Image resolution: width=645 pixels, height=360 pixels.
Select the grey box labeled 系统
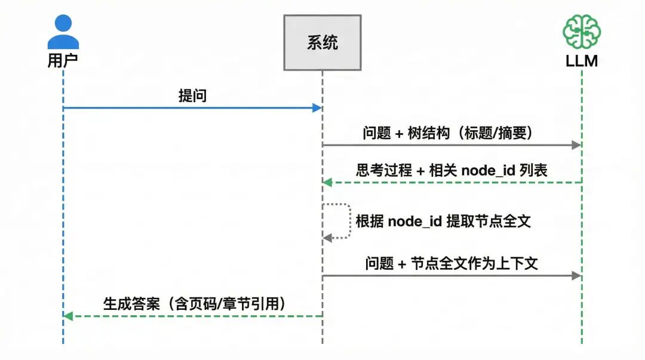322,42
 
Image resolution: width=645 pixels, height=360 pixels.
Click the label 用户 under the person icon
63,60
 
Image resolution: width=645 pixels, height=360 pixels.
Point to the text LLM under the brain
582,61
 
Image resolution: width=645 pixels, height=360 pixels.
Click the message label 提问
192,96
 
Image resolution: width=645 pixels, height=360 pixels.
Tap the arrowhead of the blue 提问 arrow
317,108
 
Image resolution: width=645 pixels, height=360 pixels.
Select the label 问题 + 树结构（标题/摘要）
447,133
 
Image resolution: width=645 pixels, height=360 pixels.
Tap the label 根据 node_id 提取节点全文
443,221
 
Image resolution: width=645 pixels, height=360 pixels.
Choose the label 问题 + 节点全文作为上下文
451,263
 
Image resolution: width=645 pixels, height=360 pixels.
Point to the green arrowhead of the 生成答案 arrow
68,316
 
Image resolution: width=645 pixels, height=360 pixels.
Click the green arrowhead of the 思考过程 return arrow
327,182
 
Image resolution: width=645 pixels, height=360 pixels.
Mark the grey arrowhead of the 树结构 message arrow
576,145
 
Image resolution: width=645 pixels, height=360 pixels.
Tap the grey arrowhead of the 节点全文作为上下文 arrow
576,275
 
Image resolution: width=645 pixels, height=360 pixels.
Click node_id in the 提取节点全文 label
415,221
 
